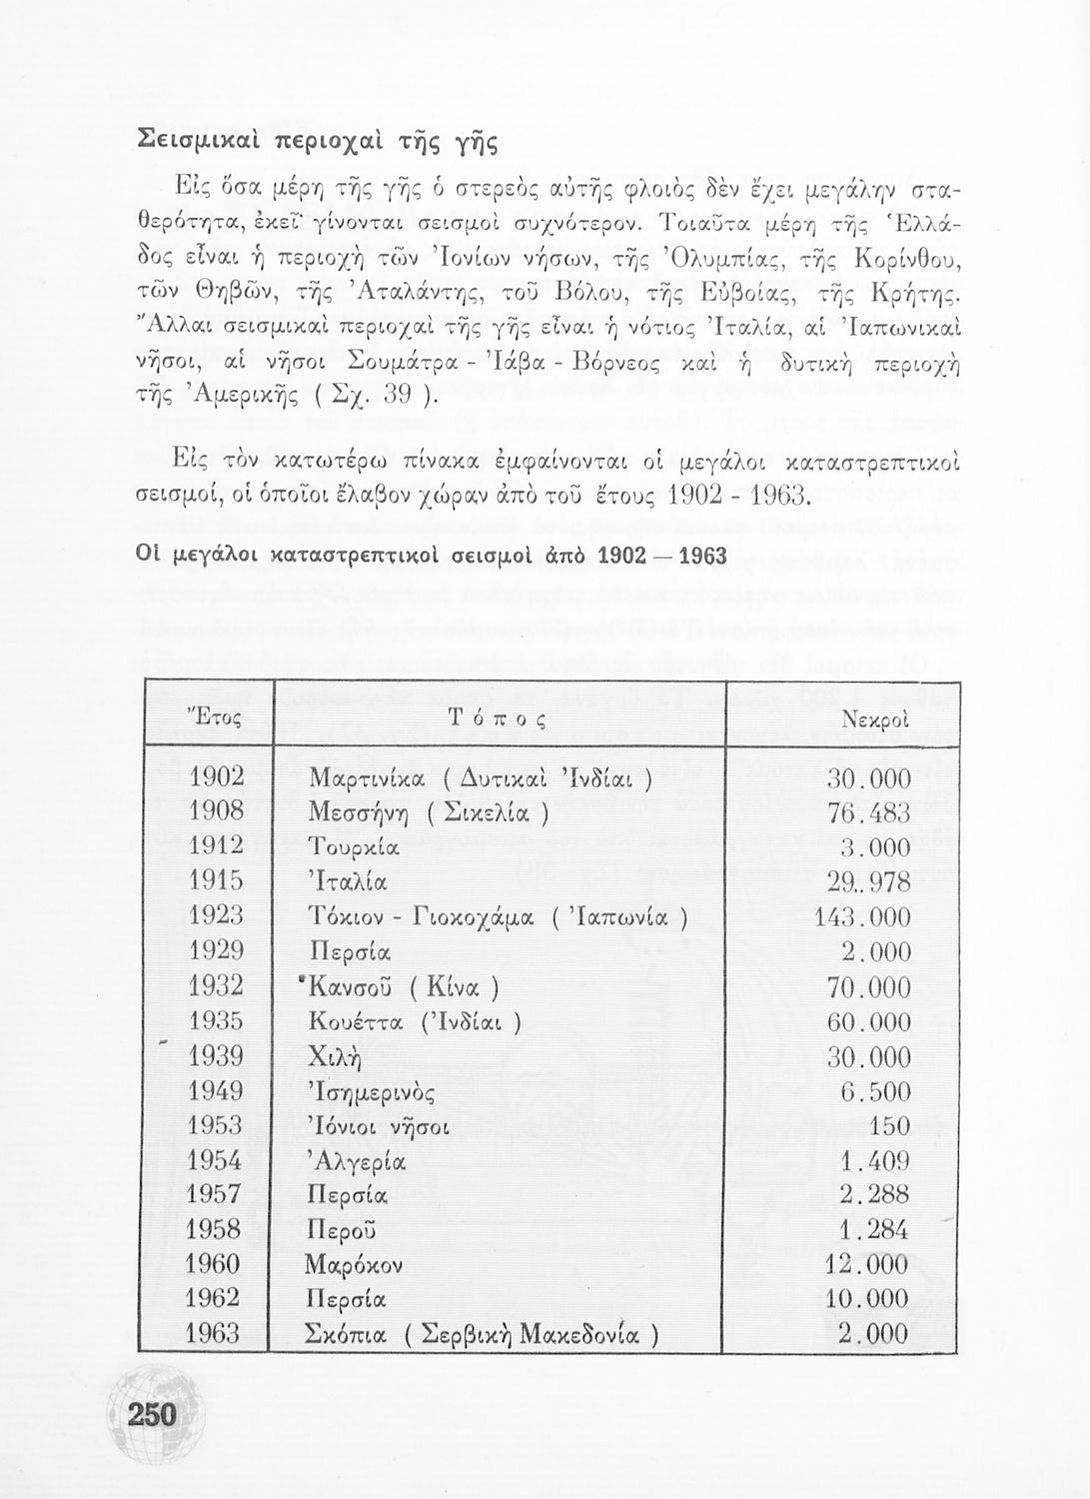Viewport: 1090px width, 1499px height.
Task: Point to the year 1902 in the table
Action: tap(217, 776)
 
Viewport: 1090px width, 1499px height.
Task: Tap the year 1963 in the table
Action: tap(213, 1333)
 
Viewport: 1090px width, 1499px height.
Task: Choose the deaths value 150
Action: tap(889, 1126)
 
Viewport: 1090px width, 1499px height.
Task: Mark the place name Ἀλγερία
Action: tap(357, 1162)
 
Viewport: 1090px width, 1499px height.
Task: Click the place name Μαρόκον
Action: tap(355, 1265)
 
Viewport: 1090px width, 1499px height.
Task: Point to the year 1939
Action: tap(216, 1056)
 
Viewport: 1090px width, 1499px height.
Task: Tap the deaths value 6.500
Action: tap(875, 1091)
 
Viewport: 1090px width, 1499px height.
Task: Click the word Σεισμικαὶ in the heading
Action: tap(196, 142)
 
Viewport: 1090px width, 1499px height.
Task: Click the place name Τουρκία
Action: tap(355, 848)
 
